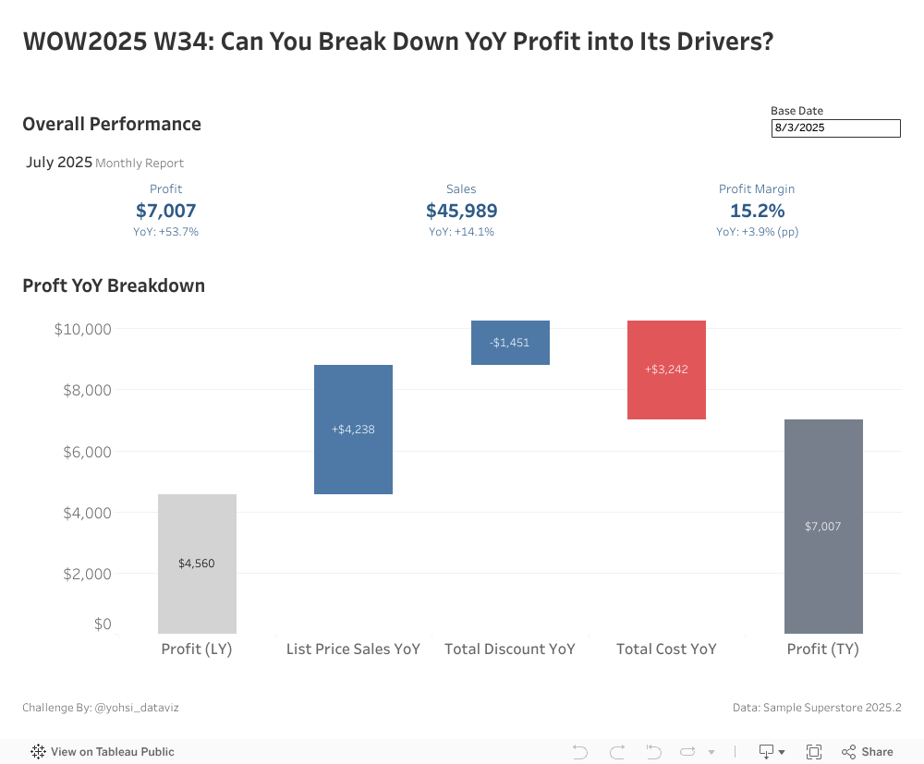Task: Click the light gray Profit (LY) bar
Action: click(197, 564)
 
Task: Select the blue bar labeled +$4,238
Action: click(353, 430)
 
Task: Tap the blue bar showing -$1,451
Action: click(510, 343)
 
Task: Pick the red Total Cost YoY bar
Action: click(666, 370)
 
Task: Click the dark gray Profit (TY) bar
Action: click(823, 527)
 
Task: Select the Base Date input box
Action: click(835, 128)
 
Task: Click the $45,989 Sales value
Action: click(461, 211)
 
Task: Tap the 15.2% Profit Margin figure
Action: click(757, 211)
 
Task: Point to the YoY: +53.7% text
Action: click(165, 232)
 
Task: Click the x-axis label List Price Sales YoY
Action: click(353, 649)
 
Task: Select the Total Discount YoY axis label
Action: click(510, 649)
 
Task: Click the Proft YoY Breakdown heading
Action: click(114, 285)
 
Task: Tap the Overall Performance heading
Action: click(112, 124)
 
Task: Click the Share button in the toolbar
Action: click(868, 752)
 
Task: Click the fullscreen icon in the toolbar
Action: click(814, 752)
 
